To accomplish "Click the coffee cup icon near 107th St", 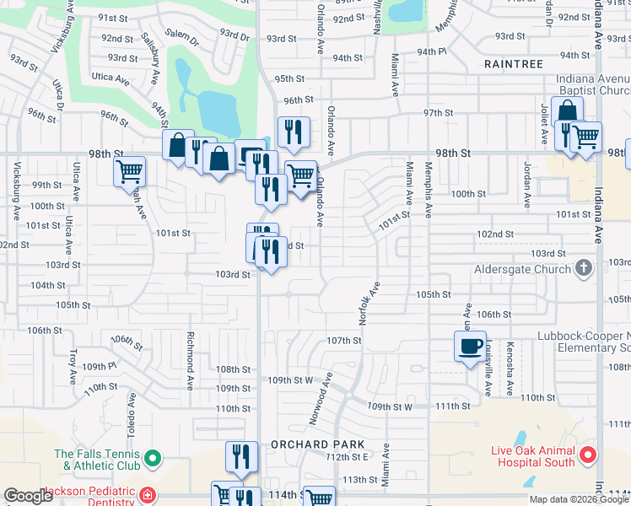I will (x=470, y=345).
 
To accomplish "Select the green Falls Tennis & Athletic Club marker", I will (x=152, y=460).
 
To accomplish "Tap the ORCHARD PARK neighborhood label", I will (x=317, y=444).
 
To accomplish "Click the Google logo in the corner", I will (x=28, y=496).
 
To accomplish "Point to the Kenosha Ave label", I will (x=510, y=369).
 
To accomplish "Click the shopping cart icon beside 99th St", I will (x=129, y=171).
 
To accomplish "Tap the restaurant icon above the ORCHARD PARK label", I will (x=241, y=456).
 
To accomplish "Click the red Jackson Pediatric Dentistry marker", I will (x=148, y=494).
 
